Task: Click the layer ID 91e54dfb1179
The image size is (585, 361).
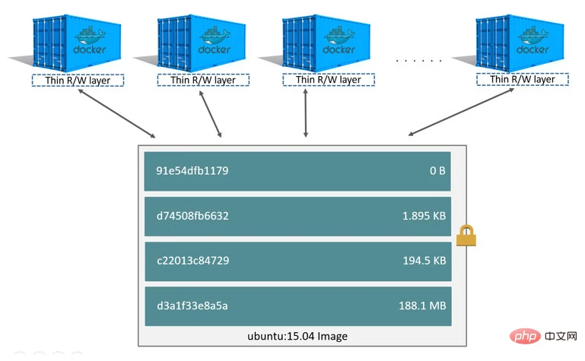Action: click(192, 171)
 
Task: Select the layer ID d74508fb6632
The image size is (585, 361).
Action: click(192, 216)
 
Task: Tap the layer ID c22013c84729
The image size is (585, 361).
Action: click(193, 261)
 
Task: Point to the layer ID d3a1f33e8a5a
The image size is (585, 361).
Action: click(192, 306)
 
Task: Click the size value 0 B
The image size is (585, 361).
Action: click(437, 171)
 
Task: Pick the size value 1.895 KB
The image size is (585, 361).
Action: click(424, 216)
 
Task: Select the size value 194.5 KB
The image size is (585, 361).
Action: click(424, 261)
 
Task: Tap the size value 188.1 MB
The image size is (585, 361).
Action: click(422, 306)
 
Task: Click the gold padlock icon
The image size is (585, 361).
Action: click(466, 236)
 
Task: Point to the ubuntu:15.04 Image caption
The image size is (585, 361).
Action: click(297, 337)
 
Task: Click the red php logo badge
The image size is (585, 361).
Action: click(525, 337)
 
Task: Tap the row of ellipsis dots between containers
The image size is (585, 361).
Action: click(419, 60)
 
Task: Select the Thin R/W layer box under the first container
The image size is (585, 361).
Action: click(78, 81)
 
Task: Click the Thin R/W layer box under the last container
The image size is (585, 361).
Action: click(523, 79)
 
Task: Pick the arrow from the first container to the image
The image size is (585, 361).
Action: click(116, 114)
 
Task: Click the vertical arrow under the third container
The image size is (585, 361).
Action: click(306, 113)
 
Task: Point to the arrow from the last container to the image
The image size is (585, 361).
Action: click(461, 112)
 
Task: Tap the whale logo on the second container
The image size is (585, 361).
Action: click(215, 36)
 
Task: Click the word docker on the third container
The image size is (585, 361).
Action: click(339, 49)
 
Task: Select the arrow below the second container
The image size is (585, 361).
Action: click(211, 114)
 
